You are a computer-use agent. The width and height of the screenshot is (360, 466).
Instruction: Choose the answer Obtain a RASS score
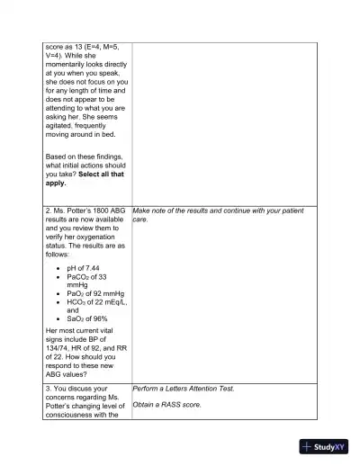(x=166, y=405)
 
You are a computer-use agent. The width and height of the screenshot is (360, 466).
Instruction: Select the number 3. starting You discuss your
(x=49, y=389)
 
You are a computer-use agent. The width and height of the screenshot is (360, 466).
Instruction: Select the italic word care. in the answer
(x=140, y=219)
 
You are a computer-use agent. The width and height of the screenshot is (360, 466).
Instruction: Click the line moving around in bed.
(x=83, y=135)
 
